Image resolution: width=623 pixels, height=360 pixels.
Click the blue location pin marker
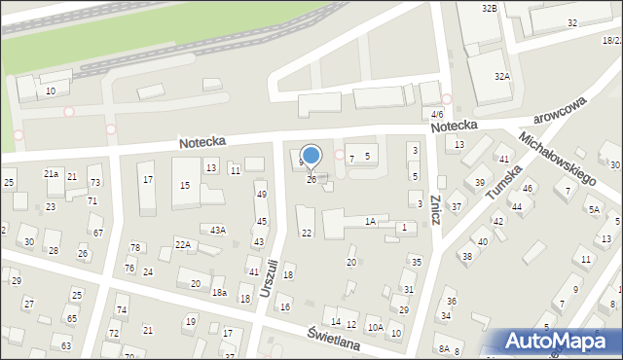(x=311, y=156)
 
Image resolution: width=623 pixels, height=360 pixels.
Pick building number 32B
(x=489, y=9)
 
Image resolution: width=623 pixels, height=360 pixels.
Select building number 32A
(x=501, y=76)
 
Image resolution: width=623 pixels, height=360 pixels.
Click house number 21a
(x=51, y=173)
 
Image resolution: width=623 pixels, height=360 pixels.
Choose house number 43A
(x=218, y=230)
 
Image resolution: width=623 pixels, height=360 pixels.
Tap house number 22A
(x=182, y=244)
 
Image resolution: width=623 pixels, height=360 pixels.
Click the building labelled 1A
(x=370, y=222)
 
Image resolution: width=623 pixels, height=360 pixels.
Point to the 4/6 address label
(x=437, y=114)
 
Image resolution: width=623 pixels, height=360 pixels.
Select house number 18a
(x=220, y=293)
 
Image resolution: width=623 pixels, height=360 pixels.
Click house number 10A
(x=375, y=327)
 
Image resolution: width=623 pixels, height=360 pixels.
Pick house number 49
(x=261, y=195)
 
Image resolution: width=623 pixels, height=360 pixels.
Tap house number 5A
(x=593, y=208)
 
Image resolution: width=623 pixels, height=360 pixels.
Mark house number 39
(x=479, y=183)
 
